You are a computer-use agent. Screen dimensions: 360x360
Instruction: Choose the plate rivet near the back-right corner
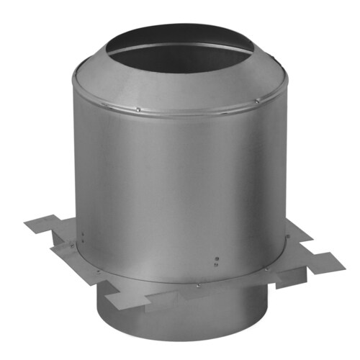288,236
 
